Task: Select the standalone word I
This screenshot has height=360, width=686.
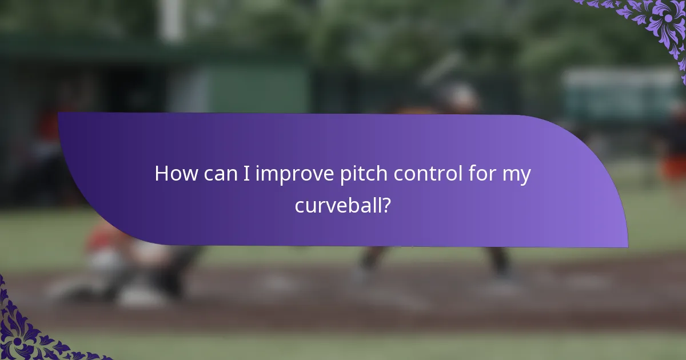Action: pos(245,174)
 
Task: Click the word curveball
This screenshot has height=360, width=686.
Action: pos(338,205)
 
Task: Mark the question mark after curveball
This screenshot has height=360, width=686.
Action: pos(386,205)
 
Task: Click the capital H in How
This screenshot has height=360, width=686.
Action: pos(162,174)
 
